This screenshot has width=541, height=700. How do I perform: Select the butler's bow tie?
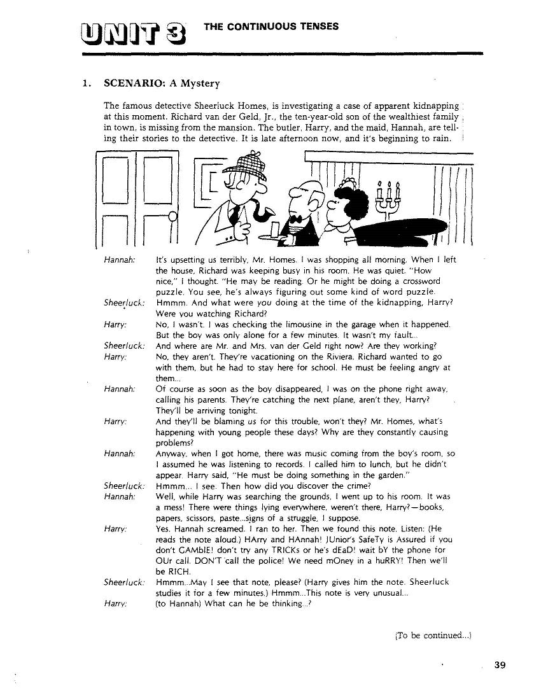(x=295, y=218)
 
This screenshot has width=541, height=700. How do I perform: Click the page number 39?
(x=499, y=665)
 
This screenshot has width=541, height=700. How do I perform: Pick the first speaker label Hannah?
(x=118, y=260)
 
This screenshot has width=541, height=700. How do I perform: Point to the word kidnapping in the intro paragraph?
(x=429, y=105)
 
